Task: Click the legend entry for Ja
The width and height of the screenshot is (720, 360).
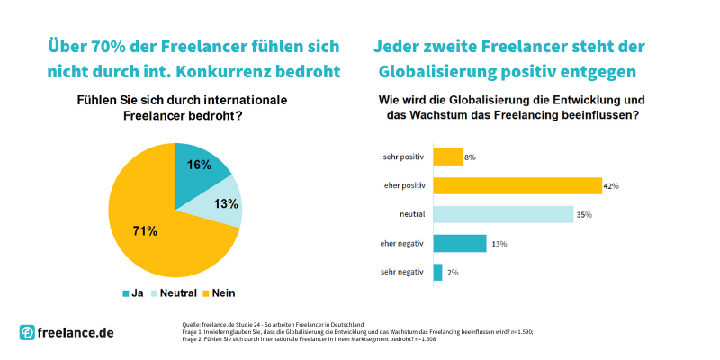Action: [132, 292]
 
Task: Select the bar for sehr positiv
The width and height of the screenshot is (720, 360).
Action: [448, 157]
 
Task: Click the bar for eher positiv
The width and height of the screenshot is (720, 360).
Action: [517, 185]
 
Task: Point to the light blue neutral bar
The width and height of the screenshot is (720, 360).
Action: [503, 214]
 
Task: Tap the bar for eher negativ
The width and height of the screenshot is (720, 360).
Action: [460, 243]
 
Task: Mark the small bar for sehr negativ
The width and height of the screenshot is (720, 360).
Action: [437, 272]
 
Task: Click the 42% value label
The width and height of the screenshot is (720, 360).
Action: [611, 186]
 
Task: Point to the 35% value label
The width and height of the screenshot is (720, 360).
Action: [583, 215]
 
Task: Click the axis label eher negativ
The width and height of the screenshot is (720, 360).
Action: [399, 243]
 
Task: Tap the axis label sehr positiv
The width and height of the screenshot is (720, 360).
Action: [399, 157]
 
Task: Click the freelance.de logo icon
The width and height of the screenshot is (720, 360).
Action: [28, 332]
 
